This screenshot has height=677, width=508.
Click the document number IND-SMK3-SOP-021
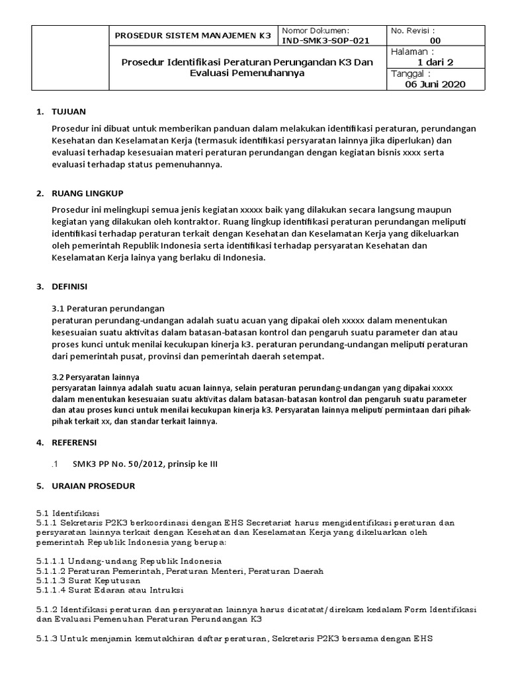pos(325,41)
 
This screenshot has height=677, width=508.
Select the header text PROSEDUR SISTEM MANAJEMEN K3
pos(193,36)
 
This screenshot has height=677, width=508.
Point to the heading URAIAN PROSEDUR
pos(93,486)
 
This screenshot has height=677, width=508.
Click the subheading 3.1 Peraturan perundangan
pos(108,308)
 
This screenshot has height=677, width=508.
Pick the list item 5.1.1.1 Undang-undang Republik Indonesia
pos(128,561)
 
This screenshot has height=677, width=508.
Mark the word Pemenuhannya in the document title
pos(267,73)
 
